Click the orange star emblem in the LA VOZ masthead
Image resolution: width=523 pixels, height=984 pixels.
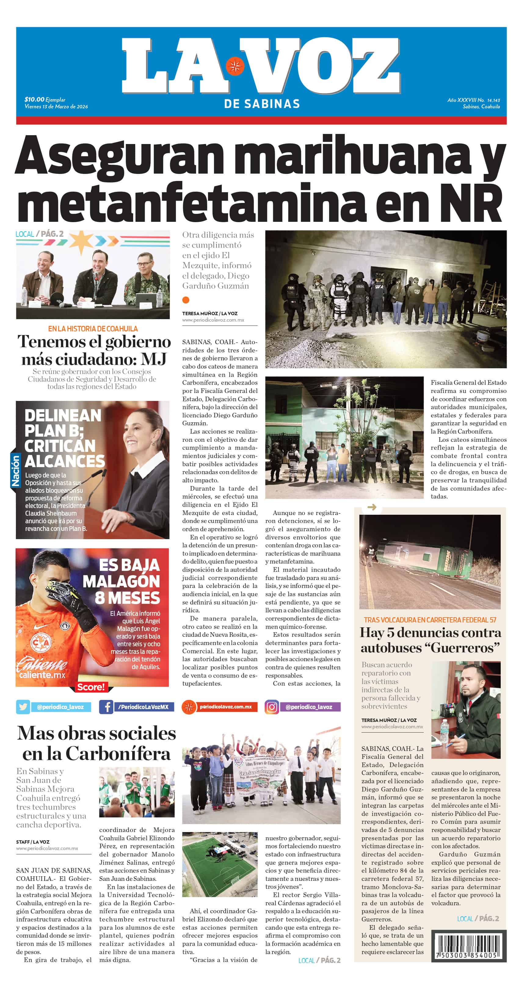click(x=235, y=67)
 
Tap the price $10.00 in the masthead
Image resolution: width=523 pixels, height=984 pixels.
click(x=35, y=99)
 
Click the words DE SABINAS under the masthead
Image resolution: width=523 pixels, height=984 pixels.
click(x=262, y=104)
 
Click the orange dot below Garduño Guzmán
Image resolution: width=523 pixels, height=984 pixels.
click(x=186, y=300)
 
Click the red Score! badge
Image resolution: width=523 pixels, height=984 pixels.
click(x=91, y=687)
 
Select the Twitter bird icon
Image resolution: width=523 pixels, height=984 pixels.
click(x=23, y=707)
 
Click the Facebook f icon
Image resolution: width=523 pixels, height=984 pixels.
click(x=106, y=707)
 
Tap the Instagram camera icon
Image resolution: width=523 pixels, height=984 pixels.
click(x=271, y=707)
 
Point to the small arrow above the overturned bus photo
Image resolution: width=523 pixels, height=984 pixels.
click(x=372, y=507)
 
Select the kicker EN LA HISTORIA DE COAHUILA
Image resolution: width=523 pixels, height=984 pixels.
click(x=93, y=329)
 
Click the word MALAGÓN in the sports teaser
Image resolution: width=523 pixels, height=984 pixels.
click(x=121, y=581)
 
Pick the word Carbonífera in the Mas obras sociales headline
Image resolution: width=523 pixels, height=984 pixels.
click(x=118, y=754)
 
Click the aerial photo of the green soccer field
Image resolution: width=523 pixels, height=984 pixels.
click(x=220, y=864)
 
